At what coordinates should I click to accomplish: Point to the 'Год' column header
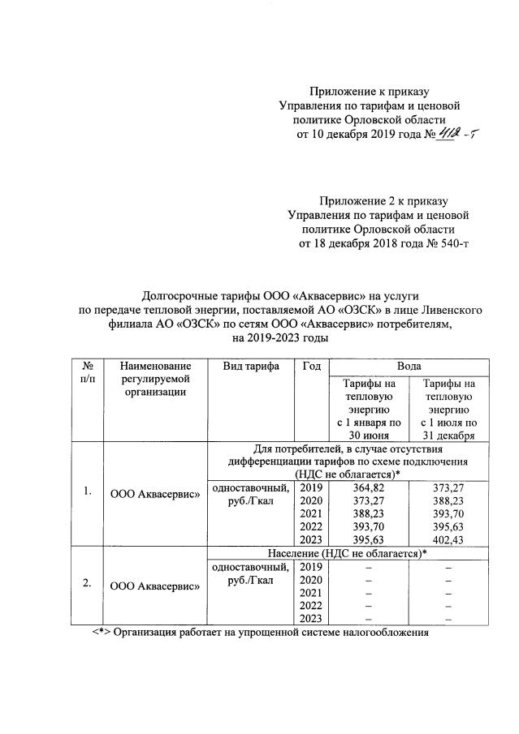tap(310, 366)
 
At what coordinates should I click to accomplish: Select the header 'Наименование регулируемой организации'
tap(154, 379)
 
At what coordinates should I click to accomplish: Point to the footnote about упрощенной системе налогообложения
tap(258, 633)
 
